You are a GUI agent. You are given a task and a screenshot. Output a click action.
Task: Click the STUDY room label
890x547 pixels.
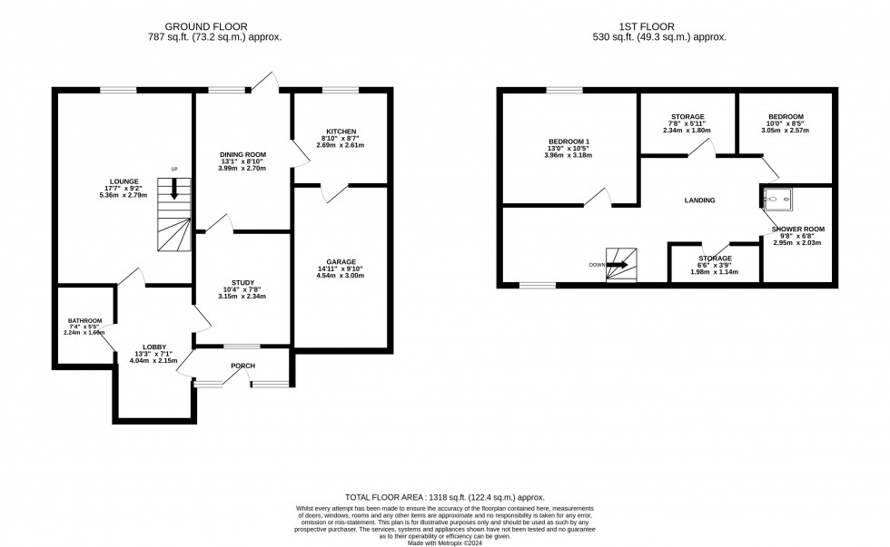coord(240,281)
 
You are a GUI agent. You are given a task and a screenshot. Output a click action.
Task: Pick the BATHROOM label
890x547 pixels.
coord(84,320)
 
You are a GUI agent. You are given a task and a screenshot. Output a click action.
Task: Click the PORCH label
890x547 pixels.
coord(242,366)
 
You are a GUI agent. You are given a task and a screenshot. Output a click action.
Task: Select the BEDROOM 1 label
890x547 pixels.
coord(569,142)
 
